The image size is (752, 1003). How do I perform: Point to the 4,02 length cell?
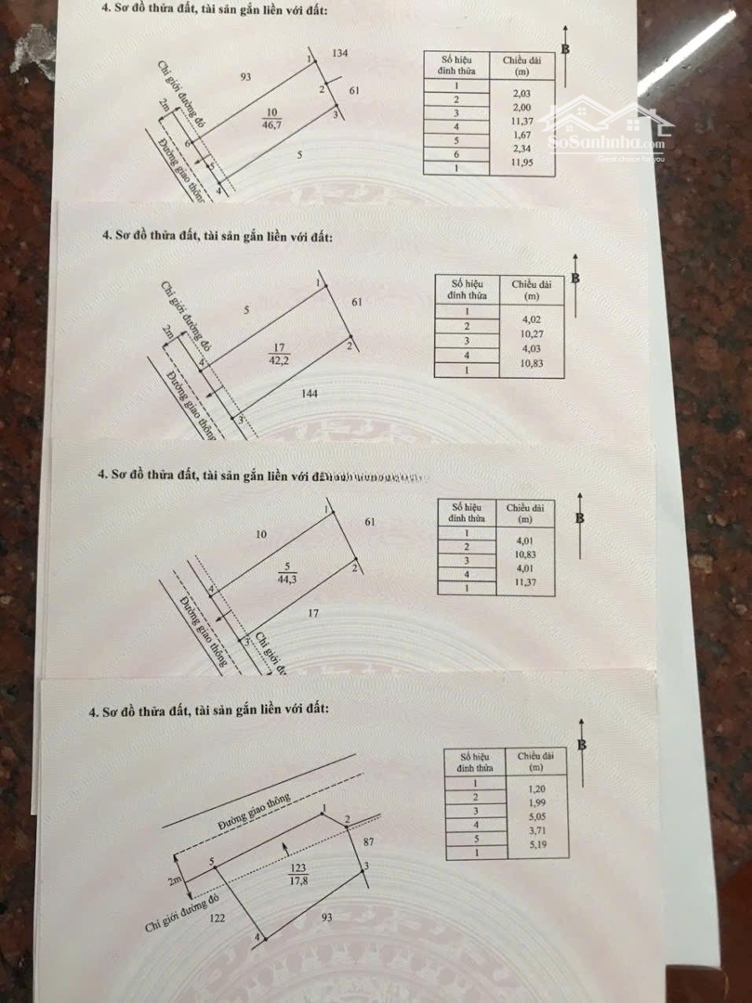[x=531, y=313]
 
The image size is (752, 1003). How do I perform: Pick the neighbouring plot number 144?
[x=310, y=394]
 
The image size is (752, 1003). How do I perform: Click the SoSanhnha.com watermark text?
[x=608, y=143]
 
